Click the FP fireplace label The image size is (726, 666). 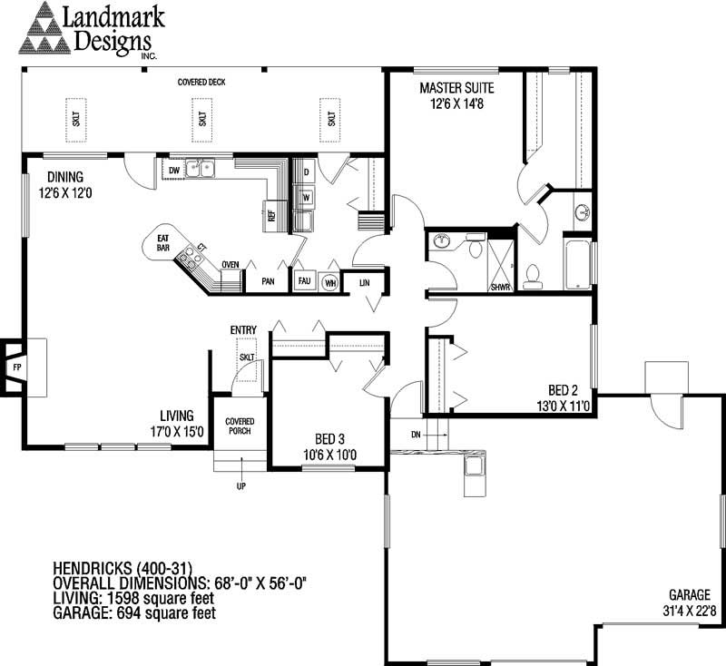click(x=17, y=367)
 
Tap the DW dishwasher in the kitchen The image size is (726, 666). click(x=173, y=171)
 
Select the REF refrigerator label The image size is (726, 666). click(x=271, y=216)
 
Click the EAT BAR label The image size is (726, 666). click(x=163, y=243)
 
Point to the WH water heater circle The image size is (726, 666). click(x=330, y=282)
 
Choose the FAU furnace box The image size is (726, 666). click(x=304, y=280)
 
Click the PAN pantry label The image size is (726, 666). click(x=268, y=281)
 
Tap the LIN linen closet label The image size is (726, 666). click(x=365, y=282)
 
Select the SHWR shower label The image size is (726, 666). click(x=500, y=288)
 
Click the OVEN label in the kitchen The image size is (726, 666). click(x=231, y=265)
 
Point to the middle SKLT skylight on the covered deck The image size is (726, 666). click(x=202, y=119)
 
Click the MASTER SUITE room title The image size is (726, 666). click(x=456, y=88)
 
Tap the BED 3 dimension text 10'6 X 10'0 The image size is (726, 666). click(x=329, y=455)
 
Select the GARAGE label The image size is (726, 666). click(x=690, y=594)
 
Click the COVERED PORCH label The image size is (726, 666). click(x=240, y=426)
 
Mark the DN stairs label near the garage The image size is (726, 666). click(x=416, y=435)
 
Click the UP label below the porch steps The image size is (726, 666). click(x=241, y=486)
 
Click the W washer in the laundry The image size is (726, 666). click(x=306, y=197)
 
